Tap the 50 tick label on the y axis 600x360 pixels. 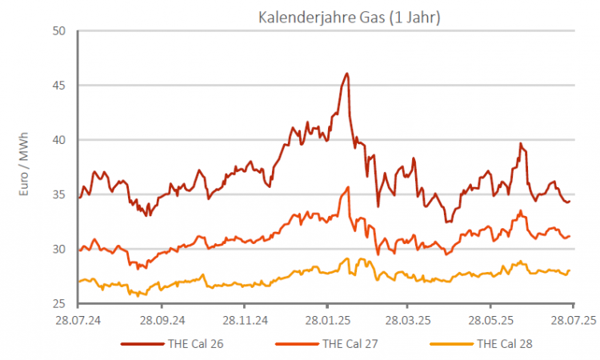[x=58, y=31]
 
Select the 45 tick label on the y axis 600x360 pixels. [x=58, y=86]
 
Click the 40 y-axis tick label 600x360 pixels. [x=58, y=140]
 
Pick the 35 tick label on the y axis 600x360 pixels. [x=58, y=194]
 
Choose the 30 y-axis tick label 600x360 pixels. [x=58, y=249]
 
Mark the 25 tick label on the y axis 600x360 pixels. [x=58, y=304]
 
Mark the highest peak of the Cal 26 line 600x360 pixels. [x=346, y=74]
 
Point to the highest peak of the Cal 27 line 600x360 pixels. [x=349, y=187]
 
